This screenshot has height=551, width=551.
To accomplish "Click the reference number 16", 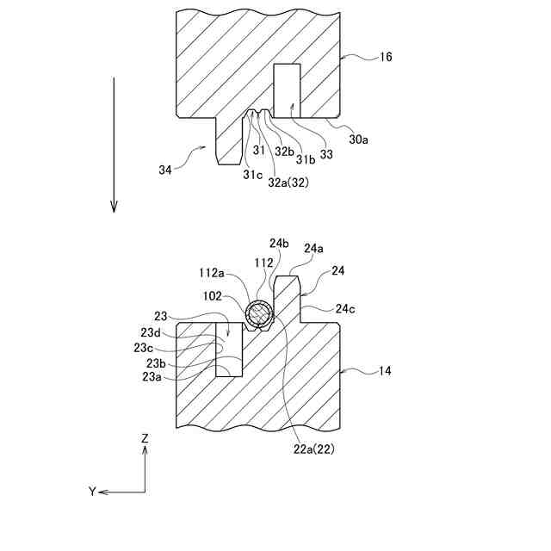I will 386,57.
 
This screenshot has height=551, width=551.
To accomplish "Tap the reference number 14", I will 385,371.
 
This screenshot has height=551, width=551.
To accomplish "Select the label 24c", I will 345,308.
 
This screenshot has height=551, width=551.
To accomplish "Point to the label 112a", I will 213,273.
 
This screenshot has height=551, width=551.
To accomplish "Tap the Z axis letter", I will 145,438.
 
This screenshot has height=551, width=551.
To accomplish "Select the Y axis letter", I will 92,492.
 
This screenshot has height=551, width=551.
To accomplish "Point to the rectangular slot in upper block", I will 287,91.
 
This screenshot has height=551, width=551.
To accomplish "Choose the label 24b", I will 279,243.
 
